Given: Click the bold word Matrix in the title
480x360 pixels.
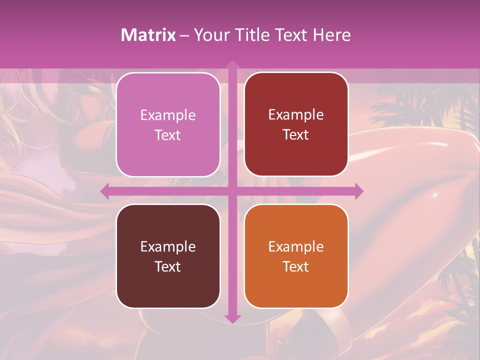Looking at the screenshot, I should point(148,35).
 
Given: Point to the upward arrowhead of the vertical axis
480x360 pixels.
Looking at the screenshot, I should point(232,64).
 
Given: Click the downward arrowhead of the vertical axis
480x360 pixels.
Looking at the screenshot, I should point(232,318).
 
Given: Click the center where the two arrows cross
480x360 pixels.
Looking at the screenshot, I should point(232,191).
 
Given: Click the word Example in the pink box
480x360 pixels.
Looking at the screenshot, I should point(168,115).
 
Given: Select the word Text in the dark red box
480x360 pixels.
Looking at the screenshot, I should point(296,135).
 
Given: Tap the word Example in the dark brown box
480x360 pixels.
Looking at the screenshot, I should point(168,246).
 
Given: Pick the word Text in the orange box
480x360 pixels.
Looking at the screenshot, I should point(296,266).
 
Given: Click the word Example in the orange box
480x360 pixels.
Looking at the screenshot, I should point(296,246).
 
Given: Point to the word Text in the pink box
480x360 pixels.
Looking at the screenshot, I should point(168,135).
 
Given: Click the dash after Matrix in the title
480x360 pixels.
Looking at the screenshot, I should point(184,35).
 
